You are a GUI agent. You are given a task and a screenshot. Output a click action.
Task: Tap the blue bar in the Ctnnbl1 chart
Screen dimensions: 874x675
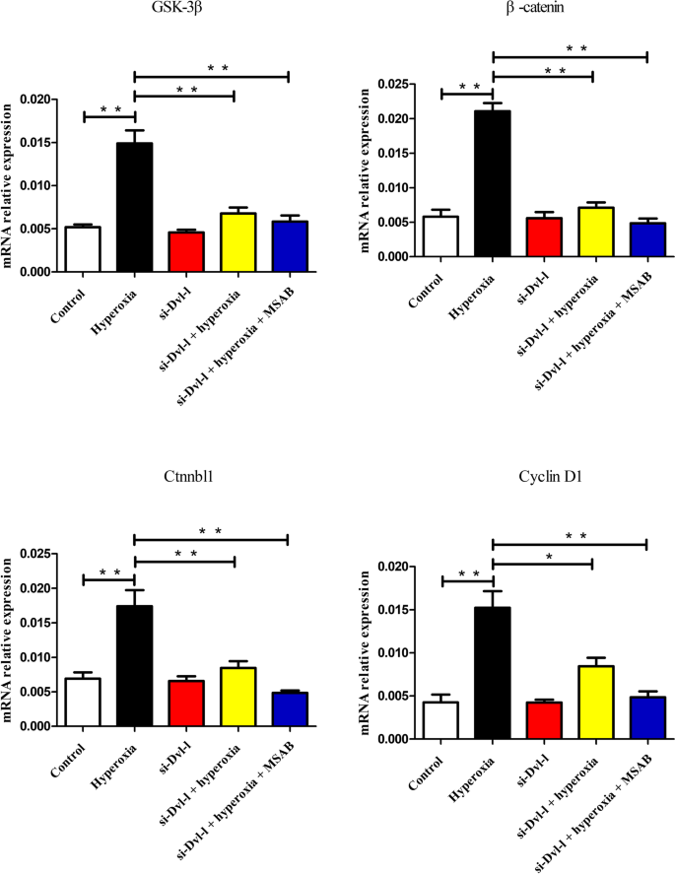pos(287,709)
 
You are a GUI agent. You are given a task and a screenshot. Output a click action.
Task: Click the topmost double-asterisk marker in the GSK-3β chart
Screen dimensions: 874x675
pos(218,68)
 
